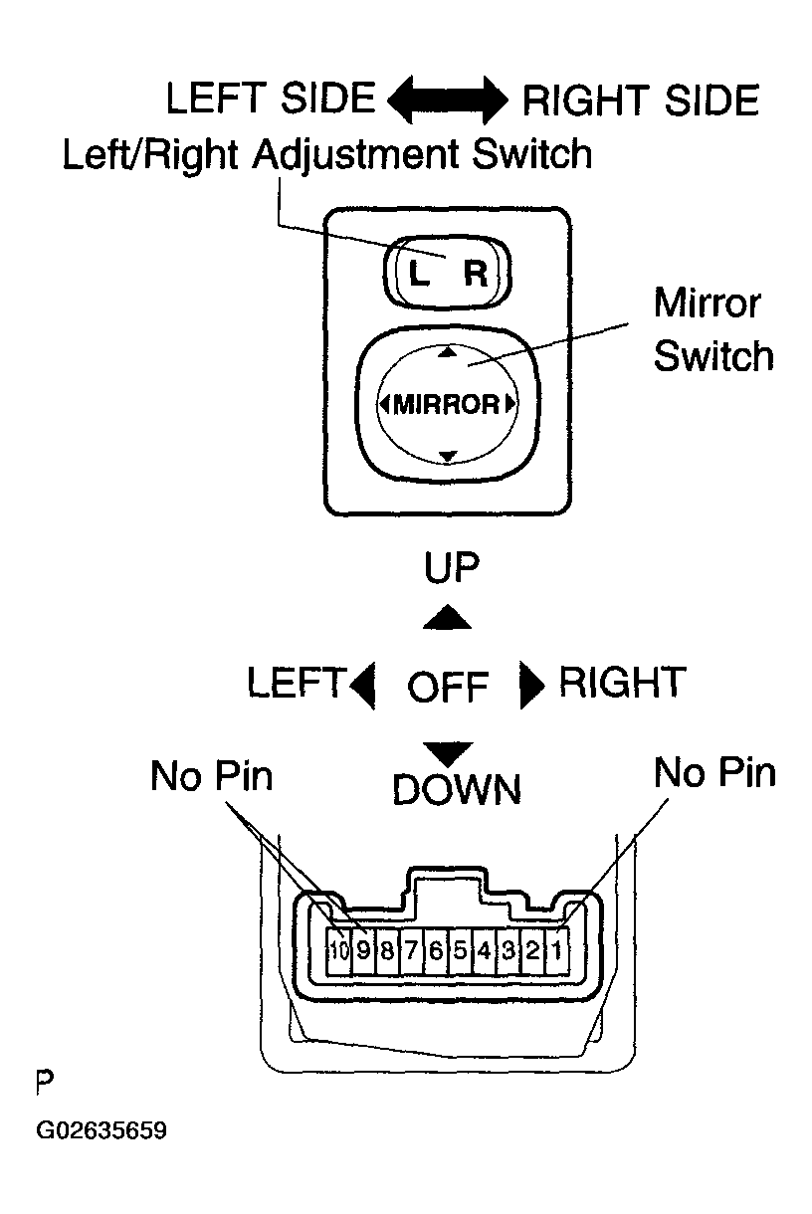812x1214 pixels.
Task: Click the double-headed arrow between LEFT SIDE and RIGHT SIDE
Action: [447, 101]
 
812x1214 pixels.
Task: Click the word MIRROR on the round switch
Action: [446, 404]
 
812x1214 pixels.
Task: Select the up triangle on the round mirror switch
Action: [447, 352]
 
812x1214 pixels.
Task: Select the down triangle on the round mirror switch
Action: [447, 456]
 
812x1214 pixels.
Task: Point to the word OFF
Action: [448, 687]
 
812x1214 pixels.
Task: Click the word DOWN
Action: [456, 790]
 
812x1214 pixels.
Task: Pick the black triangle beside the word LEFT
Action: [363, 686]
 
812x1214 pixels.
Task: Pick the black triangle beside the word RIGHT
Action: [532, 686]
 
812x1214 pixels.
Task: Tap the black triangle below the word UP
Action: [447, 619]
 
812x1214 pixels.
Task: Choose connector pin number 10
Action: [339, 950]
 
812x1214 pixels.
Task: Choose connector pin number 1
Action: [557, 950]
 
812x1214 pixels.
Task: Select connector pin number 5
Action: [460, 950]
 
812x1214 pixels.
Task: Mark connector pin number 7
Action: [411, 950]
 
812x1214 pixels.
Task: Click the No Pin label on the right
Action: [714, 773]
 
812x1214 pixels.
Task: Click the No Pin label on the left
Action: [211, 776]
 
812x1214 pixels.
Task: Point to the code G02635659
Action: [101, 1131]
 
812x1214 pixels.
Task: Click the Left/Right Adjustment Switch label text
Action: [326, 155]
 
